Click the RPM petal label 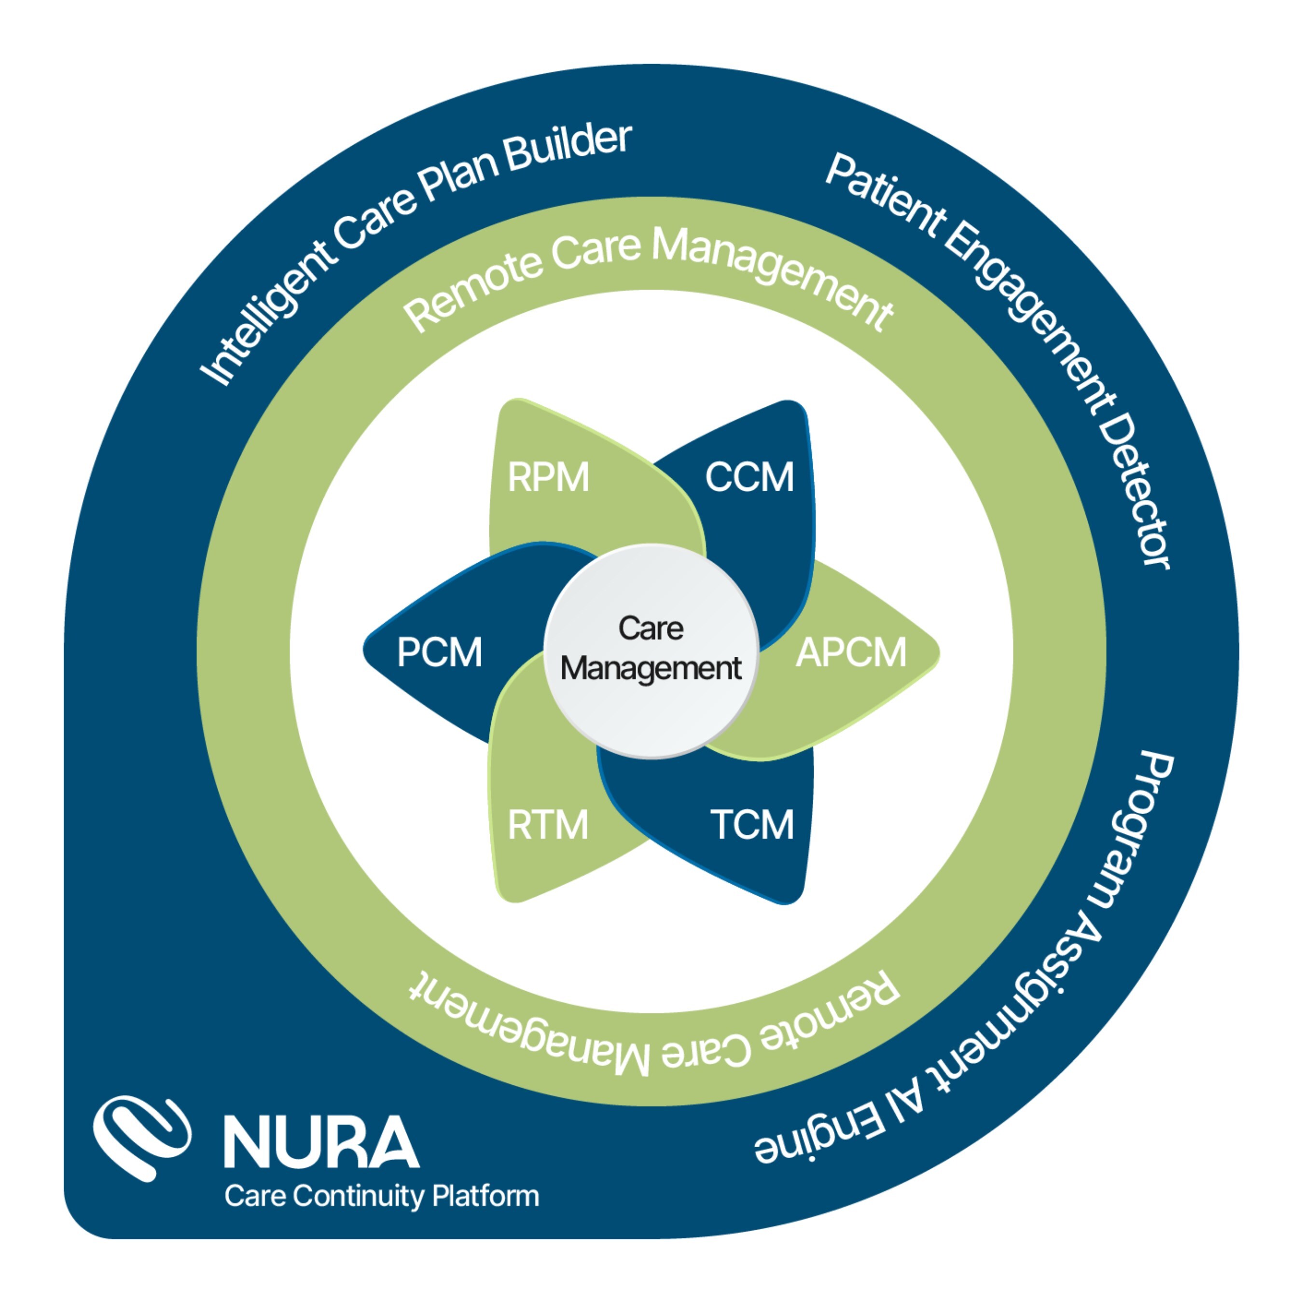(548, 477)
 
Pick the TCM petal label (752, 824)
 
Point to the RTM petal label (548, 824)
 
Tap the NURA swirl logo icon (140, 1137)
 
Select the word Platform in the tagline (485, 1196)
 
